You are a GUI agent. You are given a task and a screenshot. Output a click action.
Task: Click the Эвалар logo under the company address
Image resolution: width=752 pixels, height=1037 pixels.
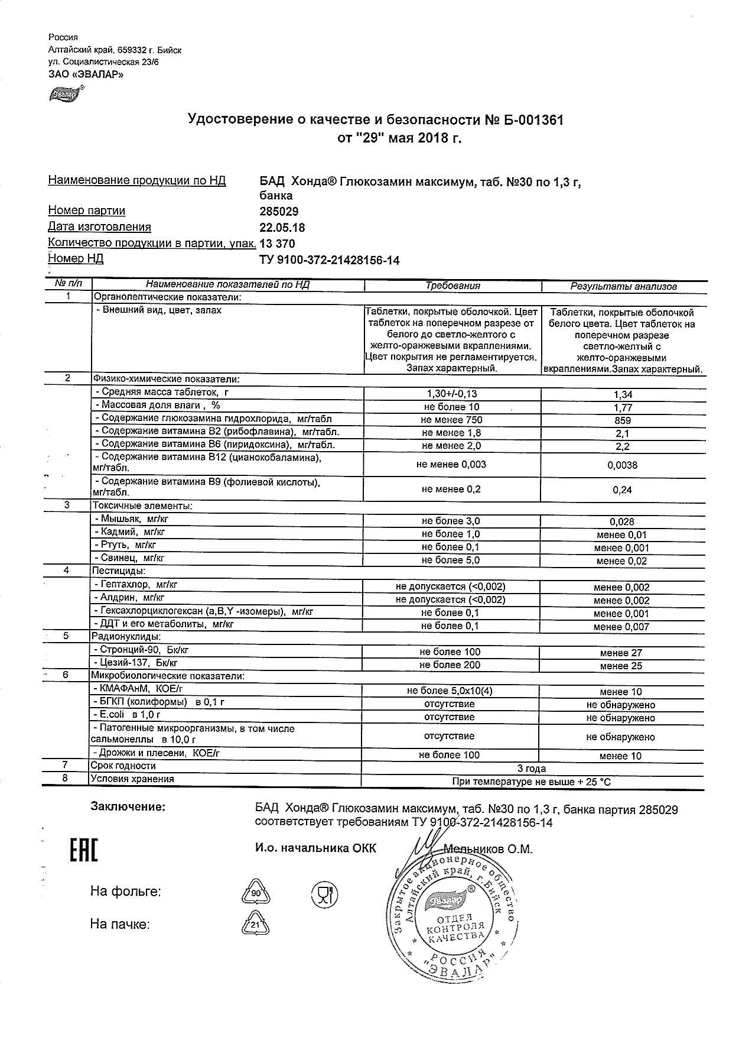pyautogui.click(x=66, y=93)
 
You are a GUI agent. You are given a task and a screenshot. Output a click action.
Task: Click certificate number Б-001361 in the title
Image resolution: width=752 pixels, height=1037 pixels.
pyautogui.click(x=525, y=121)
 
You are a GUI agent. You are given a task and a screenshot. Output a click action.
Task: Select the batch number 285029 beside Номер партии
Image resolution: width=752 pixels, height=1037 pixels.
pyautogui.click(x=279, y=212)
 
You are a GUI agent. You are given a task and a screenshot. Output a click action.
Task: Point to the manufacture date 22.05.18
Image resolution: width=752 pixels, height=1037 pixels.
pyautogui.click(x=282, y=228)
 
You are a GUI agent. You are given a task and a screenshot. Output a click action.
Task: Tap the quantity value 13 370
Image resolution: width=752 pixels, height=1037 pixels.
pyautogui.click(x=277, y=244)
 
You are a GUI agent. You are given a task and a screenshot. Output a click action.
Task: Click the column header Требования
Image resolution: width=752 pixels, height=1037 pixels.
pyautogui.click(x=452, y=286)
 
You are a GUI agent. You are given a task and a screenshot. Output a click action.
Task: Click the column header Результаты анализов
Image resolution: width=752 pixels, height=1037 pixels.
pyautogui.click(x=623, y=287)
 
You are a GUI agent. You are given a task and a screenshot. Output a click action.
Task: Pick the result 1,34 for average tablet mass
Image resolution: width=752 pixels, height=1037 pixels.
pyautogui.click(x=623, y=395)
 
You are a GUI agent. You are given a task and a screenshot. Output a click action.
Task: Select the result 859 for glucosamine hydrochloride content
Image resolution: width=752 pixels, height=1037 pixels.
pyautogui.click(x=623, y=421)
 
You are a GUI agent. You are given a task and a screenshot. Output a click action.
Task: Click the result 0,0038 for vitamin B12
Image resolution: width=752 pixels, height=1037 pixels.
pyautogui.click(x=623, y=465)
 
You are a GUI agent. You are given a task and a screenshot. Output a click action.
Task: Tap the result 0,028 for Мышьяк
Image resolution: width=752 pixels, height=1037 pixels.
pyautogui.click(x=623, y=521)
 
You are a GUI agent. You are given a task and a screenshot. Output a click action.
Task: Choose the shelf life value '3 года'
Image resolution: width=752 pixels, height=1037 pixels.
pyautogui.click(x=532, y=769)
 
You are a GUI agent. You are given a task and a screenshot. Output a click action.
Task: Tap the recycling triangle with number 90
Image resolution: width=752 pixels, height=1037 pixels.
pyautogui.click(x=255, y=893)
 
